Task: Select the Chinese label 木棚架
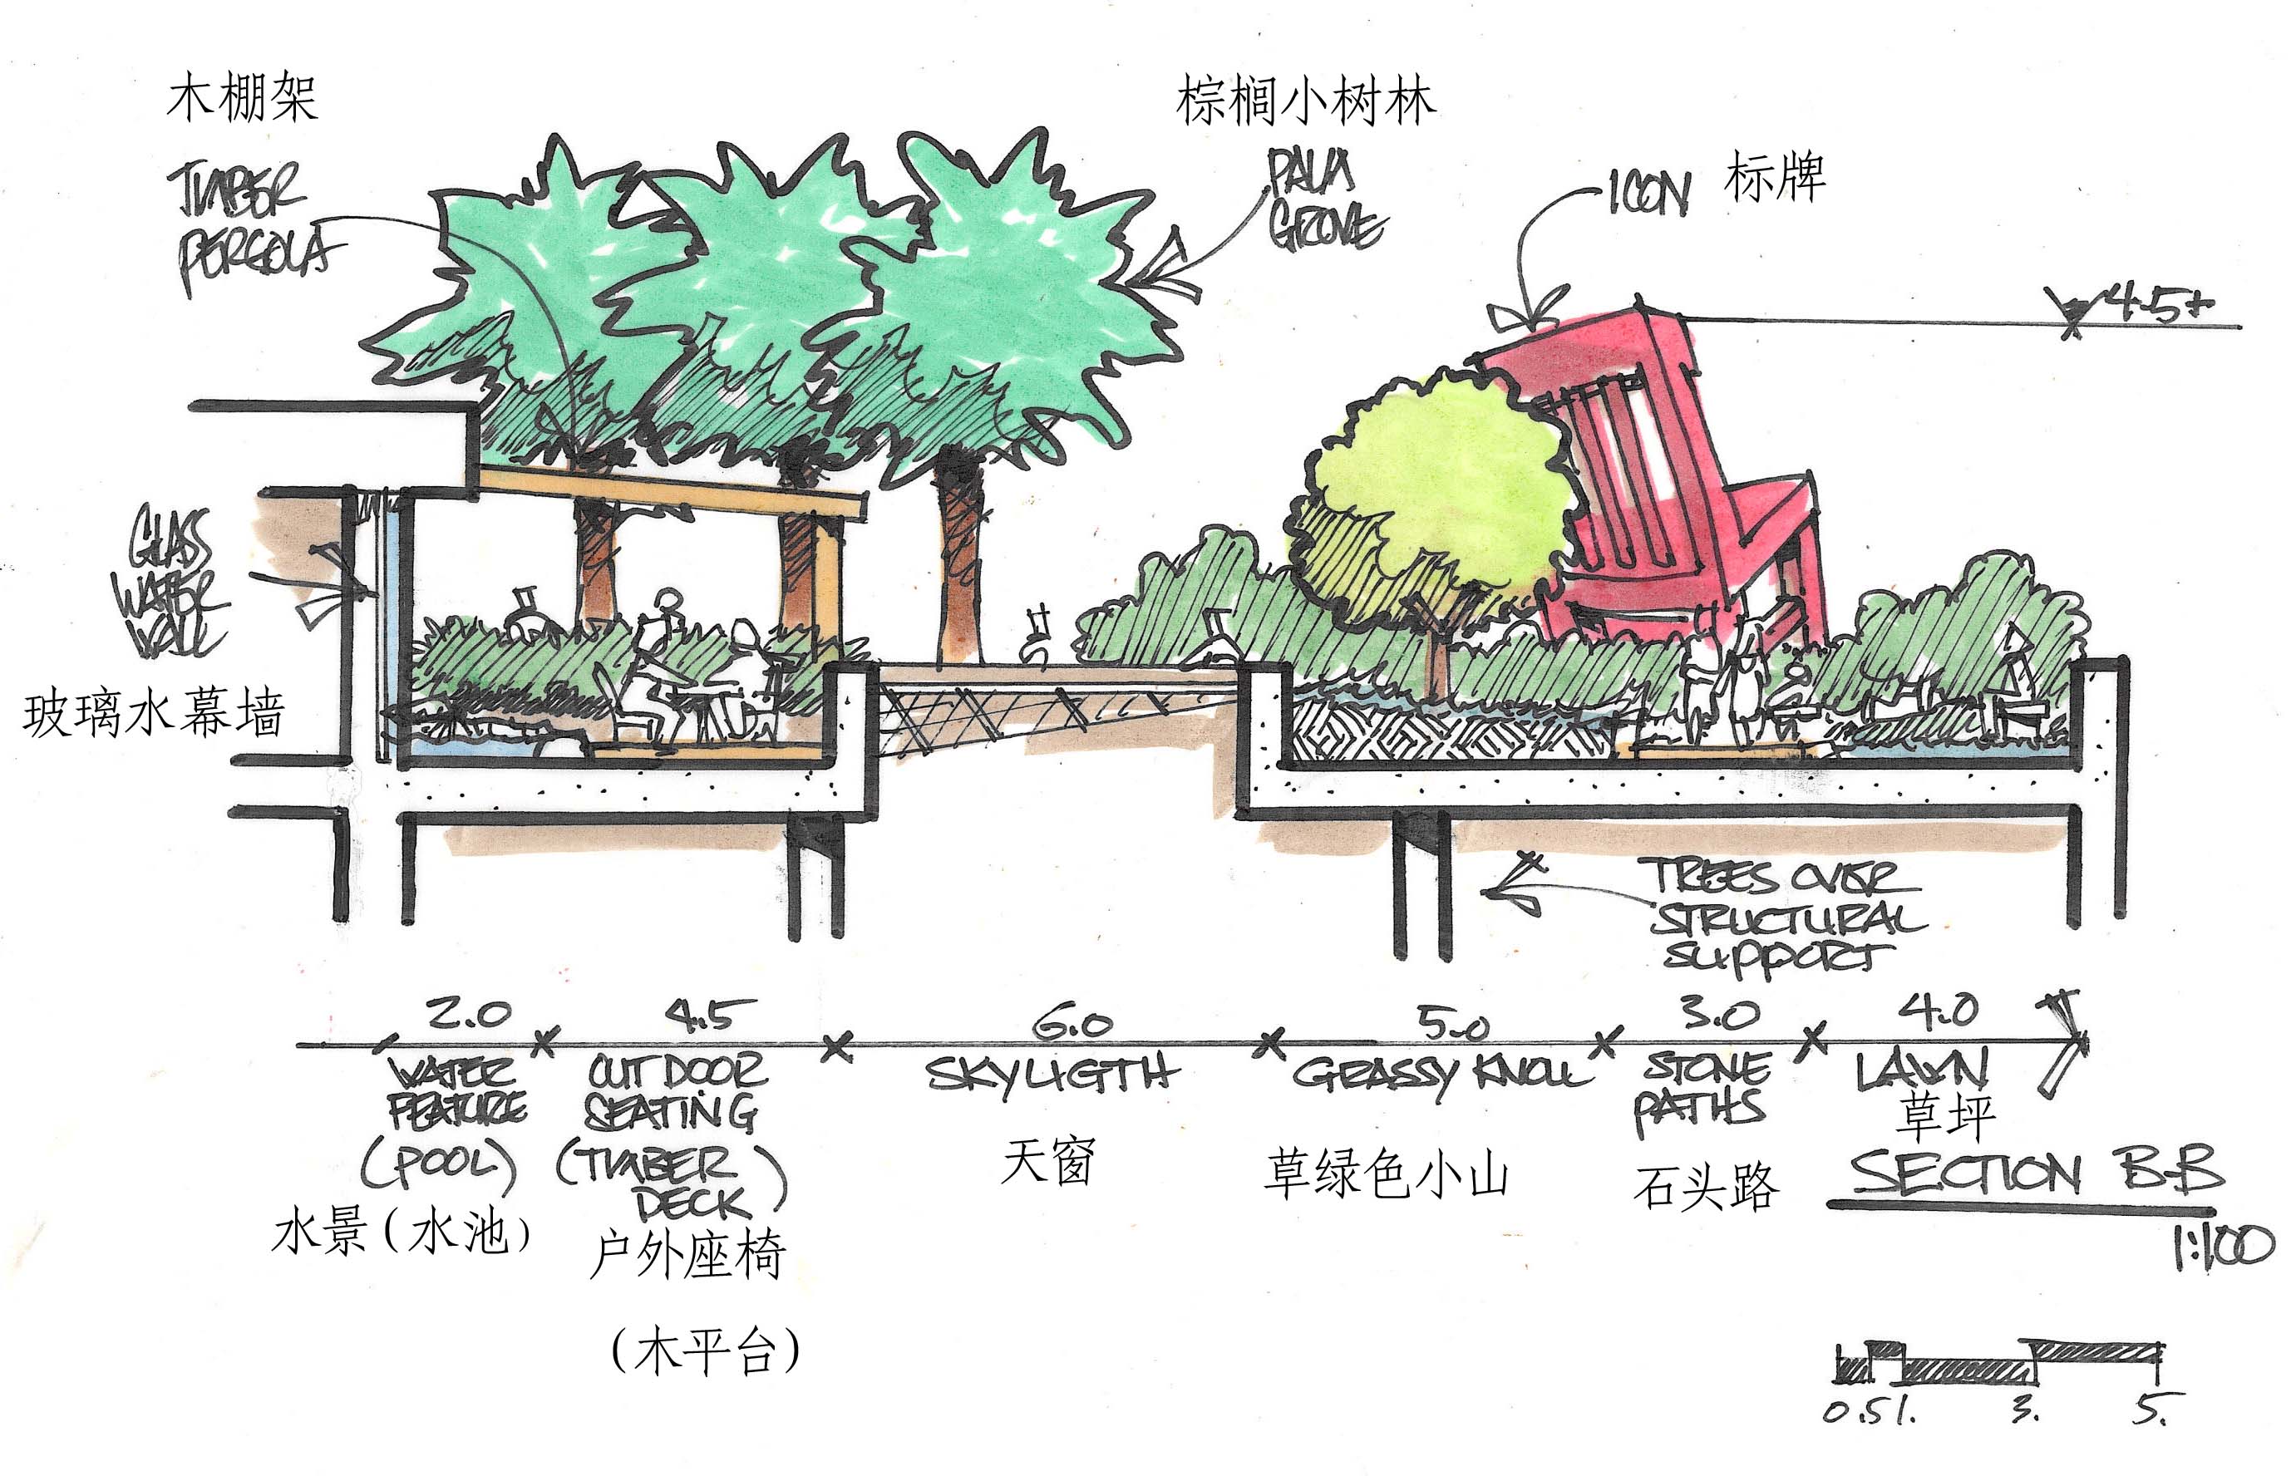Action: (x=242, y=99)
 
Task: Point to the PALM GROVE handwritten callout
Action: (x=1323, y=201)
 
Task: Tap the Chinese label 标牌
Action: (x=1773, y=180)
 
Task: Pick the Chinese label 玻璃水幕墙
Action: (x=154, y=714)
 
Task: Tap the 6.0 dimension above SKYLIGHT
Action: (x=1072, y=1025)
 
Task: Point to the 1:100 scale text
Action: (x=2222, y=1247)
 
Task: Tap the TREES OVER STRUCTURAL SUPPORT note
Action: (x=1783, y=915)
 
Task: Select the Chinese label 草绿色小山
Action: (x=1386, y=1174)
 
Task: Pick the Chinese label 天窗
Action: (x=1047, y=1161)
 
